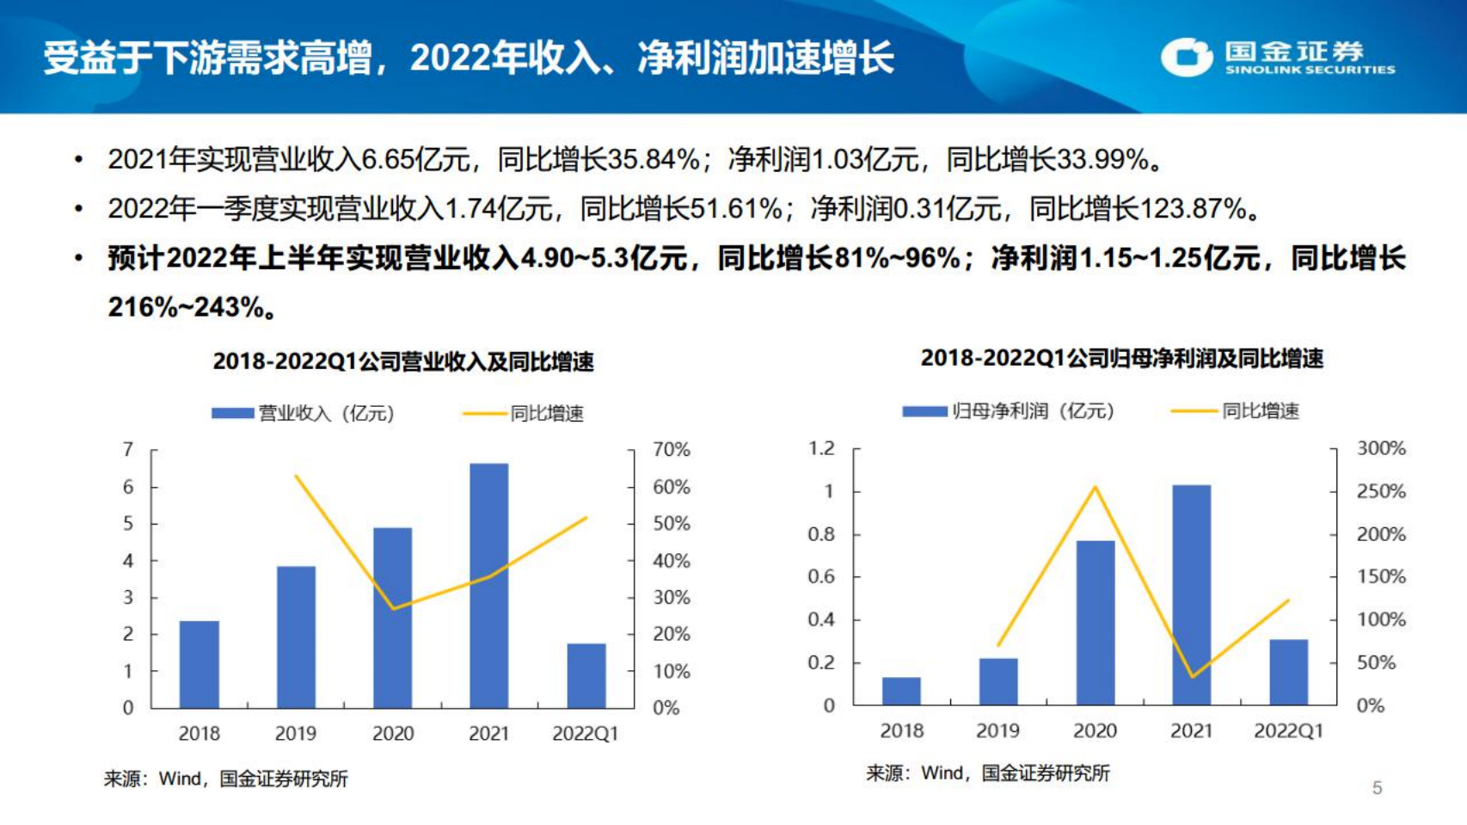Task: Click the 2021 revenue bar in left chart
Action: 488,585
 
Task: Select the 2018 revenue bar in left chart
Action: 199,664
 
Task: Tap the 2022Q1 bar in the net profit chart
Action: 1288,672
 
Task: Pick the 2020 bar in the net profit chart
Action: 1095,622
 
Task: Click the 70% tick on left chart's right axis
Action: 671,449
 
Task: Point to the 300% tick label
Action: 1380,448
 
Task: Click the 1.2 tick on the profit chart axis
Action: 821,448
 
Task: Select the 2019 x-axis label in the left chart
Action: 295,734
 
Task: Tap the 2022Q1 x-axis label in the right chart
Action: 1287,731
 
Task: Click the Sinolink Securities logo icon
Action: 1187,58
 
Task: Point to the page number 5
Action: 1377,788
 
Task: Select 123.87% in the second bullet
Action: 1194,208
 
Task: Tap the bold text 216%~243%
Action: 185,307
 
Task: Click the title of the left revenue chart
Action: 403,361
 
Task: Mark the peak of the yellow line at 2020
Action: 1095,488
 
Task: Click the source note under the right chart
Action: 987,773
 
